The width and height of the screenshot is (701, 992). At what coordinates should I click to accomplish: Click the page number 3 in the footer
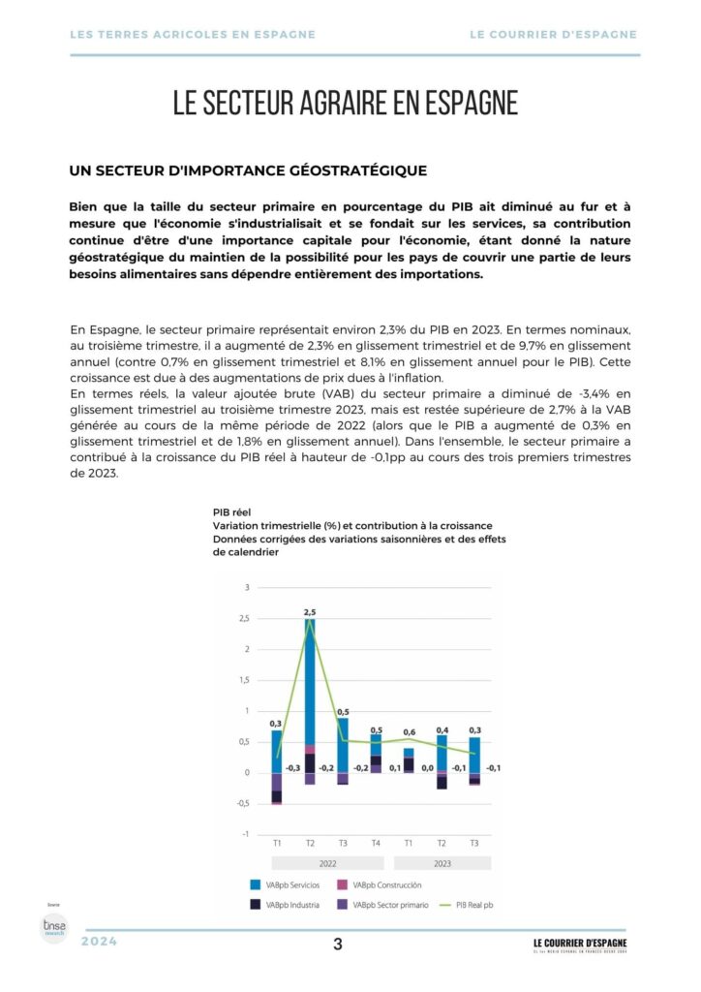(x=337, y=945)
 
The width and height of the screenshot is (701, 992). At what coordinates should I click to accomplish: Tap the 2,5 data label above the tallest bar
(x=310, y=612)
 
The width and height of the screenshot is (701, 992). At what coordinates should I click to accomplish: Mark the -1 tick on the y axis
(x=246, y=834)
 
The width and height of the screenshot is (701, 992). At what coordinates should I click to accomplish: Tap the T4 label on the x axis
(x=376, y=843)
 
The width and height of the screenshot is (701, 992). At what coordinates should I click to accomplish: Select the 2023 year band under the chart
(x=442, y=862)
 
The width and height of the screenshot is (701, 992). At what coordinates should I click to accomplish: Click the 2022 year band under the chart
(x=326, y=862)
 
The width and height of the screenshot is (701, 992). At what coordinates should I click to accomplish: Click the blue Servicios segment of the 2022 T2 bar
(x=310, y=678)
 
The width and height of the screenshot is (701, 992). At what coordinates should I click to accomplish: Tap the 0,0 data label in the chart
(x=427, y=767)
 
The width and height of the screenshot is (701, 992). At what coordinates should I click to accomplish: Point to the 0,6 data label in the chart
(x=409, y=732)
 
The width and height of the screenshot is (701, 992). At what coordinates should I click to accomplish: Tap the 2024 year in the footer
(x=100, y=942)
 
